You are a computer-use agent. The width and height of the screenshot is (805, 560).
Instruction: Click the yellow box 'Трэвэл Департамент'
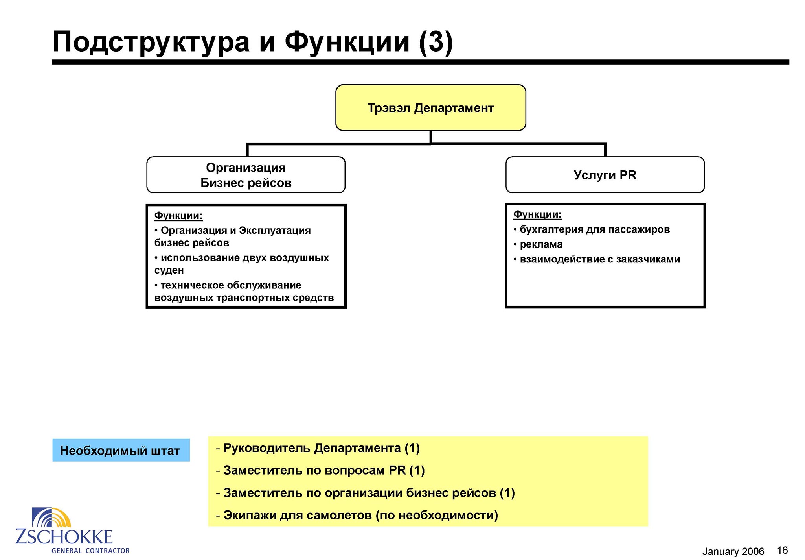pyautogui.click(x=430, y=107)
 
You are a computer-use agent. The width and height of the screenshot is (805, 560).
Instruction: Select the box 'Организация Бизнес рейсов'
pyautogui.click(x=246, y=175)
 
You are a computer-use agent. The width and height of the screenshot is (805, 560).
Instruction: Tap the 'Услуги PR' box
pyautogui.click(x=605, y=175)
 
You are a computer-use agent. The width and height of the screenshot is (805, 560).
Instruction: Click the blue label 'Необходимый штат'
pyautogui.click(x=121, y=450)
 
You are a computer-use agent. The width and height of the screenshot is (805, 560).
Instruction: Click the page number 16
pyautogui.click(x=782, y=550)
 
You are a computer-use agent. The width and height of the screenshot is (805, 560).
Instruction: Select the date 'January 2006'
pyautogui.click(x=733, y=551)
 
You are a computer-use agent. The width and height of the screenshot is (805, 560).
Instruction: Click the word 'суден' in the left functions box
pyautogui.click(x=169, y=270)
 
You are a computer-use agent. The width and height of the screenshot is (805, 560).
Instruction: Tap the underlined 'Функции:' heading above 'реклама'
pyautogui.click(x=537, y=214)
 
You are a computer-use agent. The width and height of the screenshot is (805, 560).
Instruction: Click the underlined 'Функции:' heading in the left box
pyautogui.click(x=178, y=216)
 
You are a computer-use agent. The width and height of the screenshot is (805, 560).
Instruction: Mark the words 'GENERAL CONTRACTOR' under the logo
pyautogui.click(x=90, y=551)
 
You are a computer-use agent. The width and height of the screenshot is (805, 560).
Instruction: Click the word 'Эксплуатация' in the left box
pyautogui.click(x=275, y=231)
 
